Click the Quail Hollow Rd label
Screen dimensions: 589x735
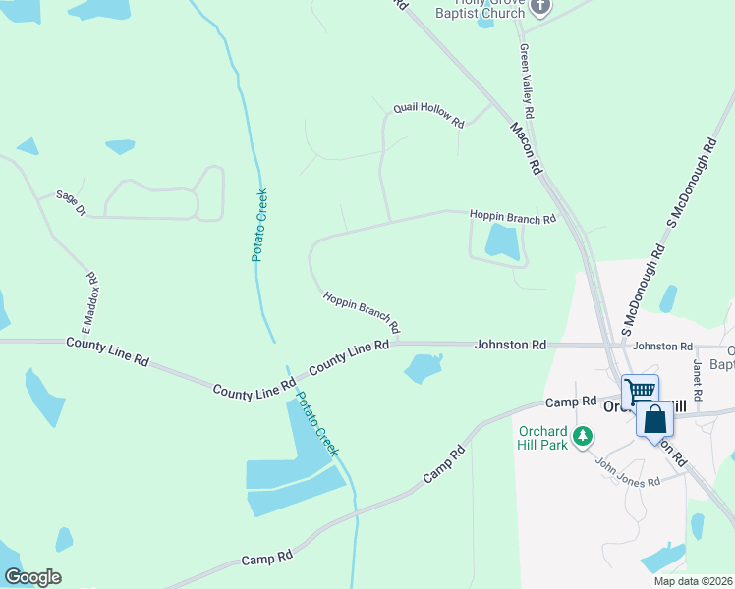pos(428,114)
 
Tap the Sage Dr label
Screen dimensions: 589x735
pos(71,202)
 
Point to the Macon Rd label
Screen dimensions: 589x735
pos(526,148)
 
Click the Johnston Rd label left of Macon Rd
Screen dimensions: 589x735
pos(510,345)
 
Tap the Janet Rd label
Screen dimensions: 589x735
pos(698,379)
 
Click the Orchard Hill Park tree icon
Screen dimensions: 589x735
pos(583,435)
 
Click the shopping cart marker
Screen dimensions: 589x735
pos(640,391)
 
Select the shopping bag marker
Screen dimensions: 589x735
pos(655,420)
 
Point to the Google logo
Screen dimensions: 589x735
pos(32,577)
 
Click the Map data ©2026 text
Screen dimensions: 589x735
pos(693,581)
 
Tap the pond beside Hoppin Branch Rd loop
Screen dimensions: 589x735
pos(501,241)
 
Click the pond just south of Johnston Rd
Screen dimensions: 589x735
pos(424,368)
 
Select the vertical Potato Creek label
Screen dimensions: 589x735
pos(260,224)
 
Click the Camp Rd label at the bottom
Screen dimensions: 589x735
pos(267,557)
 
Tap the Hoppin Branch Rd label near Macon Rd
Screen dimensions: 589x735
pos(512,217)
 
